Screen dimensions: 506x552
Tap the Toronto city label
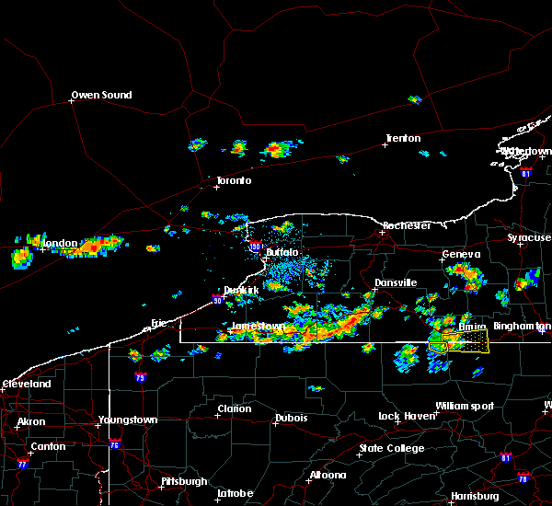[234, 180]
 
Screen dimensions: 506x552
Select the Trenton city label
[403, 139]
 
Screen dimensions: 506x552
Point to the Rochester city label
[406, 225]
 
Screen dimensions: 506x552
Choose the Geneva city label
[461, 254]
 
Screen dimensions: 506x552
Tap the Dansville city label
[396, 282]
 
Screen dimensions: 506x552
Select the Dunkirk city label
[241, 289]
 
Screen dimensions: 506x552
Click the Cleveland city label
[26, 383]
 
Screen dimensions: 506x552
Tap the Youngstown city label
[128, 420]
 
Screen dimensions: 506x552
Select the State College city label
[392, 448]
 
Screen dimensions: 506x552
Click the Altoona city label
[328, 475]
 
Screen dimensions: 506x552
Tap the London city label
[60, 243]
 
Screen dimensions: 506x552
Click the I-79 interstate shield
[141, 377]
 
